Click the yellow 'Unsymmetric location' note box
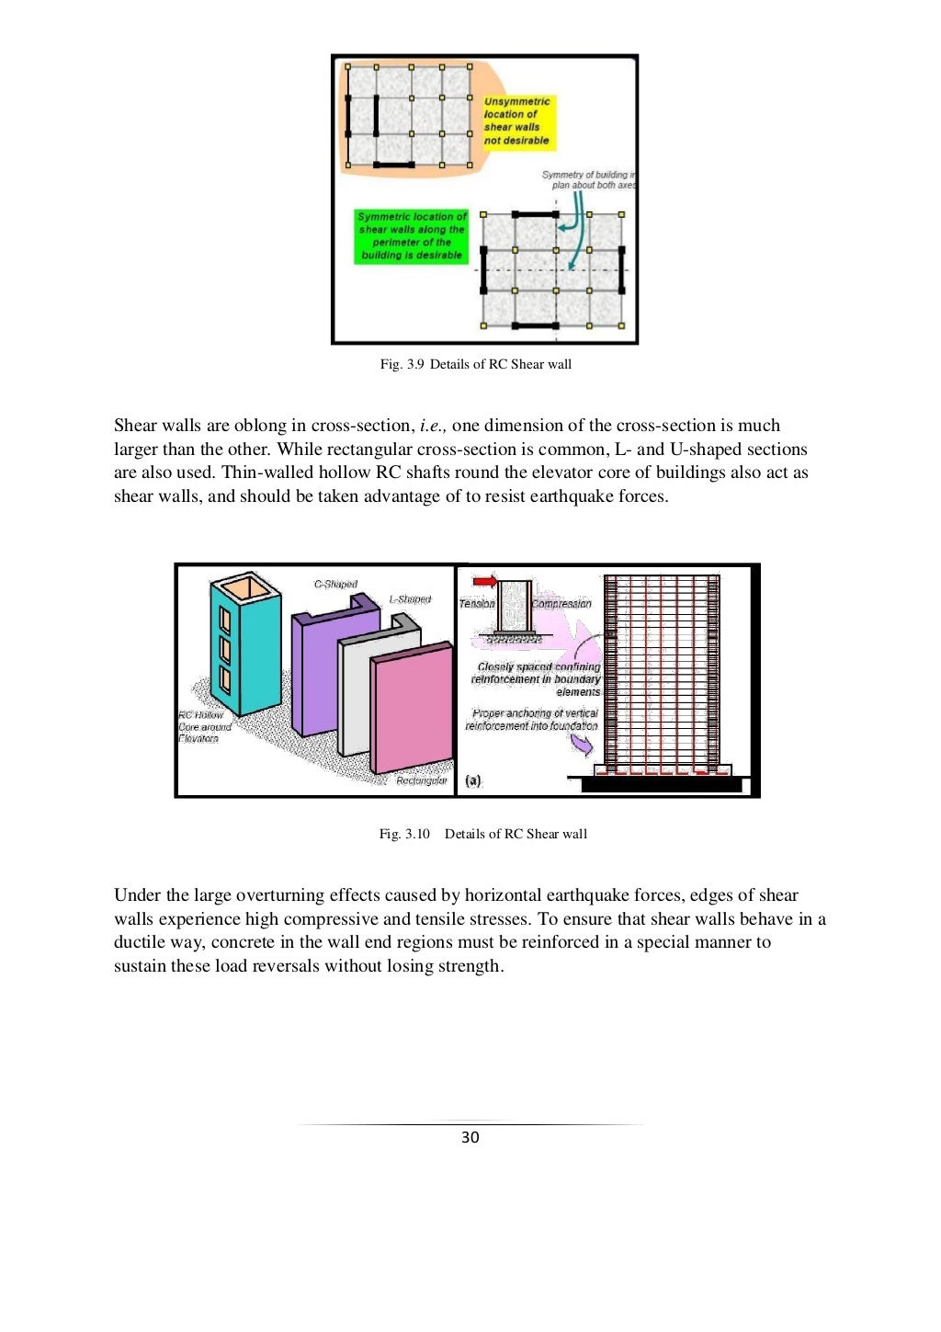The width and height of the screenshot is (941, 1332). click(x=517, y=121)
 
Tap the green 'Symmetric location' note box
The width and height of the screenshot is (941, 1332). click(x=411, y=236)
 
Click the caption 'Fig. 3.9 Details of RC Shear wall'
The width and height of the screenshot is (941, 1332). click(x=475, y=364)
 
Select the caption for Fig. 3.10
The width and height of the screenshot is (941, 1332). click(x=482, y=834)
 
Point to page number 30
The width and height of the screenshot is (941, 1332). click(x=470, y=1137)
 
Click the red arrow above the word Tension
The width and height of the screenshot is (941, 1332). click(x=484, y=582)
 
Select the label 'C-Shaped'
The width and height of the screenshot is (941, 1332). click(x=335, y=584)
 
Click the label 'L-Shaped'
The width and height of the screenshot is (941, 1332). click(x=410, y=599)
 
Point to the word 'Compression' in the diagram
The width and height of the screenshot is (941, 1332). click(x=561, y=604)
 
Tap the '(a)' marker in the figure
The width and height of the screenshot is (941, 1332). click(x=472, y=780)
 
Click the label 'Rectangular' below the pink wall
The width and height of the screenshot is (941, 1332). click(x=421, y=780)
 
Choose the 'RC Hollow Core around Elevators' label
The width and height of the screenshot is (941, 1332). click(x=203, y=726)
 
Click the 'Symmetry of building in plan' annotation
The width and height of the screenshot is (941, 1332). click(x=587, y=179)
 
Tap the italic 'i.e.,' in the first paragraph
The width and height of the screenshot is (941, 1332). click(x=433, y=426)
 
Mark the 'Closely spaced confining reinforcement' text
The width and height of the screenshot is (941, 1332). click(x=538, y=679)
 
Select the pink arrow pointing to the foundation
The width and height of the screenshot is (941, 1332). click(x=583, y=745)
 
